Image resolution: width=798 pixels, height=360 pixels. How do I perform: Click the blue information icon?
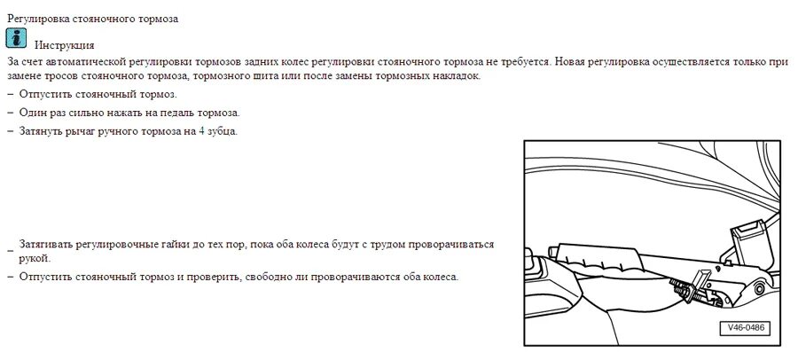coord(17,38)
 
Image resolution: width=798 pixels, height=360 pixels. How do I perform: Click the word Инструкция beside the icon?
coord(64,45)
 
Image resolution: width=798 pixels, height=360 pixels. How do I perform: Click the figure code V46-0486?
coord(745,328)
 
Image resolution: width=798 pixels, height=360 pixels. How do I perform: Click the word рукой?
coord(33,258)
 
